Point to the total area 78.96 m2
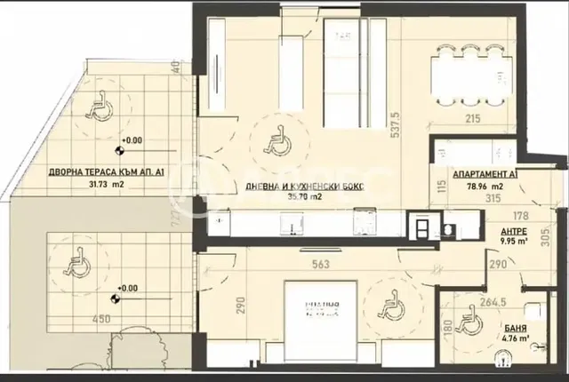coord(485,187)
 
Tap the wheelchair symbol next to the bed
coord(388,307)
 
